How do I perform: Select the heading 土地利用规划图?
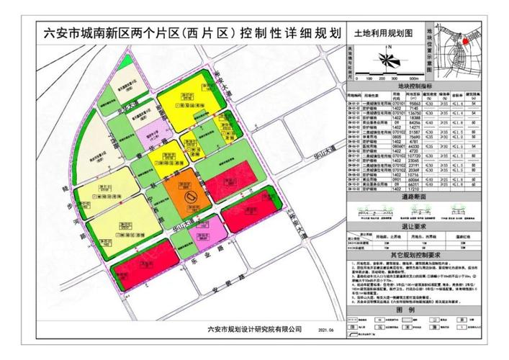tap(382, 33)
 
